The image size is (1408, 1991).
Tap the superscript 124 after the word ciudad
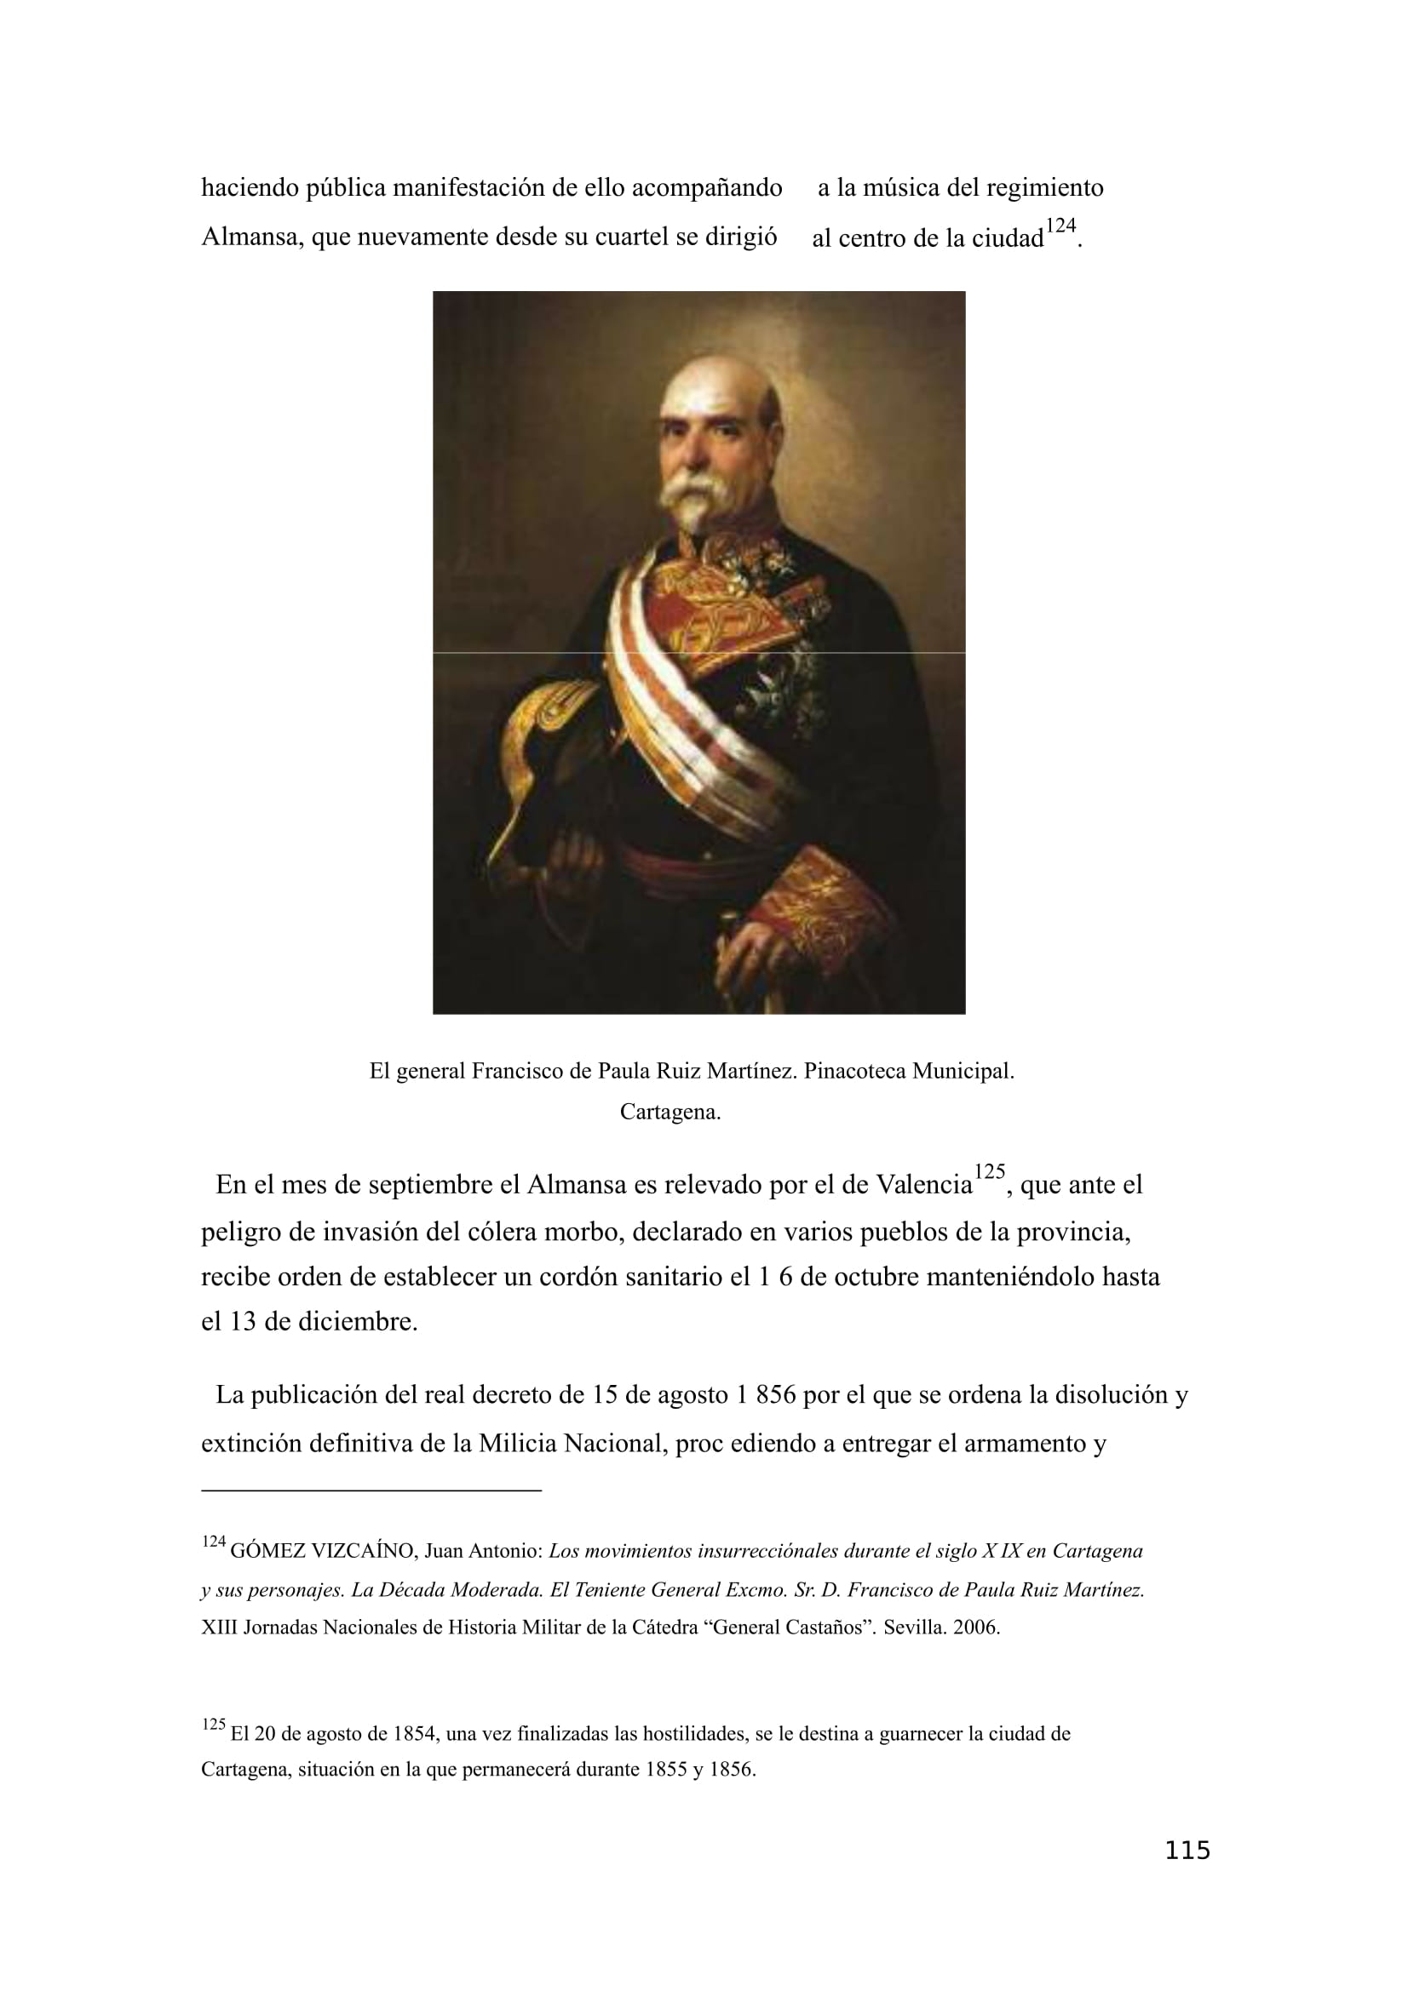1060,226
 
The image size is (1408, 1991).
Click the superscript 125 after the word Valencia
989,1172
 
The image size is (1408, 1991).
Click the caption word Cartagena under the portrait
670,1113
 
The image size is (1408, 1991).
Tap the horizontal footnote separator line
371,1490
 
